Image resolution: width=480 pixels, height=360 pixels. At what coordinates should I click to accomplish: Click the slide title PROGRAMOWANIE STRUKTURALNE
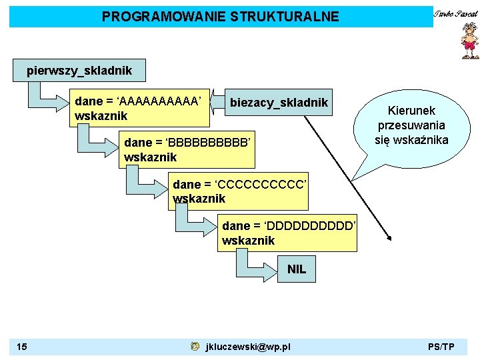[x=220, y=16]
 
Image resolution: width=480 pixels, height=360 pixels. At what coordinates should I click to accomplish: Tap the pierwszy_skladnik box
[x=79, y=69]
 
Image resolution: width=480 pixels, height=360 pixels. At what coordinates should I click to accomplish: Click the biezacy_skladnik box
[x=279, y=102]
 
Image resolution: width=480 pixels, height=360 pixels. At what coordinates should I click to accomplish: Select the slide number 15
[x=22, y=347]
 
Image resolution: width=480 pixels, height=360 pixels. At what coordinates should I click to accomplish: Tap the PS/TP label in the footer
[x=441, y=347]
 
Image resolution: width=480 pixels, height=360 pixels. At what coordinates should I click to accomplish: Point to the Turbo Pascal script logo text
[x=456, y=13]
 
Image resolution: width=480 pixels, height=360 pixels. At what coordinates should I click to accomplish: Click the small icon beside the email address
[x=194, y=347]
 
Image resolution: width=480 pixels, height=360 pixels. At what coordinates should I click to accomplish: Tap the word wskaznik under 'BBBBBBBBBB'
[x=151, y=157]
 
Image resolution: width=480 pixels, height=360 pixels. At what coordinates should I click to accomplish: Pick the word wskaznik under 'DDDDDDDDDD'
[x=248, y=241]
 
